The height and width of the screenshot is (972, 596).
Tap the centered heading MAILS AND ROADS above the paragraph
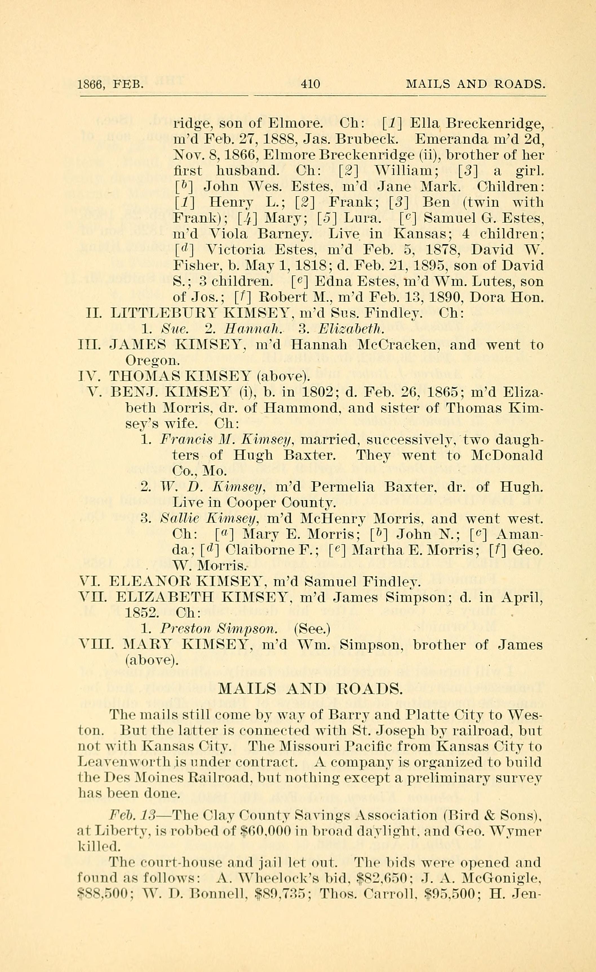coord(310,688)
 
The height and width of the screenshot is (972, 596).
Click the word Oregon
coord(152,360)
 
